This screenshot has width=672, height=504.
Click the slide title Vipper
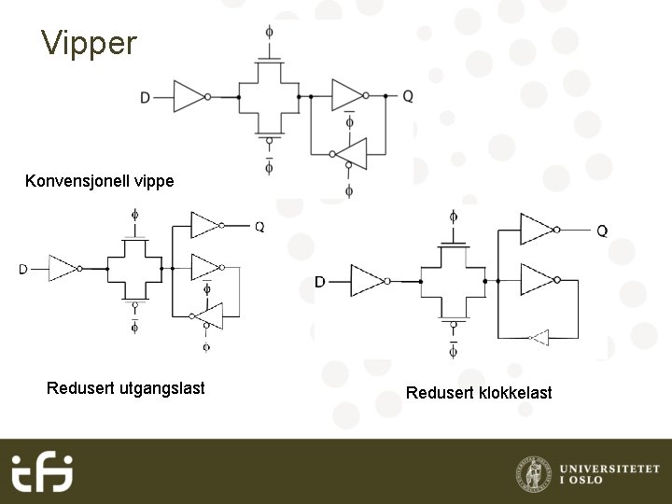pyautogui.click(x=89, y=43)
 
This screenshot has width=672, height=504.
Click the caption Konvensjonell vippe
pyautogui.click(x=99, y=180)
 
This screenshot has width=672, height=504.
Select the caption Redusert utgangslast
pyautogui.click(x=125, y=387)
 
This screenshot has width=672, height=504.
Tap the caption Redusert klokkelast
pyautogui.click(x=479, y=392)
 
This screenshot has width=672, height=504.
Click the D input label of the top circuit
pyautogui.click(x=145, y=96)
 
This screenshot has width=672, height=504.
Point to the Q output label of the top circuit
pyautogui.click(x=408, y=96)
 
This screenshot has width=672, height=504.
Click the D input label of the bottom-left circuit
pyautogui.click(x=22, y=269)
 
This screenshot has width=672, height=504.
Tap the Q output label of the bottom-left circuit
pyautogui.click(x=259, y=226)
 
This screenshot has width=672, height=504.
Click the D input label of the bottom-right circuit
pyautogui.click(x=320, y=282)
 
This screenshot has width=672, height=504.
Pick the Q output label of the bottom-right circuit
pyautogui.click(x=602, y=230)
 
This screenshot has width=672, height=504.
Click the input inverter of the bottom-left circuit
pyautogui.click(x=63, y=268)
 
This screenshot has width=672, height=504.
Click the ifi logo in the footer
pyautogui.click(x=42, y=471)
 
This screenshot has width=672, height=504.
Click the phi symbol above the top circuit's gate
pyautogui.click(x=270, y=32)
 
